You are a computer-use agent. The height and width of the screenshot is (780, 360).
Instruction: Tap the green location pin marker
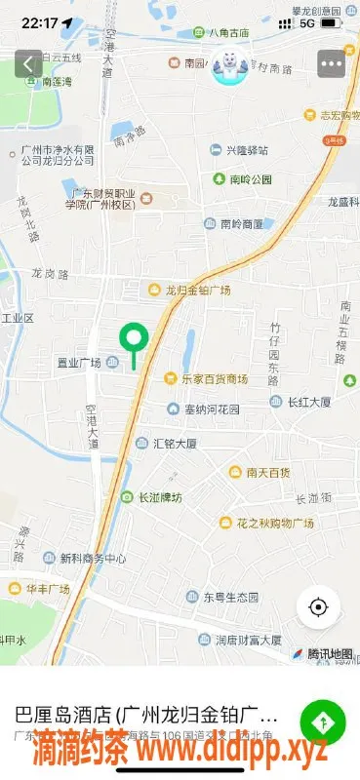tap(133, 339)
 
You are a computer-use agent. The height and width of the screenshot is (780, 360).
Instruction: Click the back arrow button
tap(28, 64)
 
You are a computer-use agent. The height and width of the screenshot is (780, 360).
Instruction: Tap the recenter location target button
tap(317, 606)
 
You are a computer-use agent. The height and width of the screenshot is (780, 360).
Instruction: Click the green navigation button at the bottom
tap(322, 722)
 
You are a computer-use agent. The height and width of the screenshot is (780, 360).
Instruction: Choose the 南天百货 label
tap(265, 472)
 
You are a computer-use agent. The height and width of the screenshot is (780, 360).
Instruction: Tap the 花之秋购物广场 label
tap(274, 524)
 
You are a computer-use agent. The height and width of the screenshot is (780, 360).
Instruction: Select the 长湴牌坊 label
tap(159, 496)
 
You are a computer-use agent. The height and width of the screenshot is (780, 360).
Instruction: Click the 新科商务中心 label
tap(93, 559)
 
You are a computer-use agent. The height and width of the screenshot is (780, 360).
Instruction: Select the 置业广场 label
tap(79, 363)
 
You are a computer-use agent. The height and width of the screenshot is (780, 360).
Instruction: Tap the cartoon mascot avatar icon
tap(230, 65)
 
